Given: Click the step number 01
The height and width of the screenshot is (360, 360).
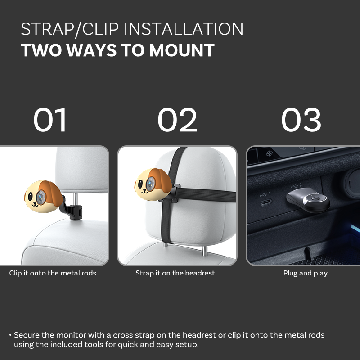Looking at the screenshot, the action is click(50, 120).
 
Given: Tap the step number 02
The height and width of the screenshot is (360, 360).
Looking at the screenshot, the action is click(177, 120).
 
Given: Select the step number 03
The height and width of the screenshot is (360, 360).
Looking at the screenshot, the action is click(301, 120).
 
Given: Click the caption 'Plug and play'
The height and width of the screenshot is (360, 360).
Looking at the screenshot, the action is click(306, 273).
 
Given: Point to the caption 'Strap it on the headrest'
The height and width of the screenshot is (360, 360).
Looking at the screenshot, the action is click(175, 273).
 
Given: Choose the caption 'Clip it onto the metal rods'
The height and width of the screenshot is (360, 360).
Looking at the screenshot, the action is click(53, 273).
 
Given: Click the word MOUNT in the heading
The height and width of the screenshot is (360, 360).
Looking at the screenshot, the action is click(182, 50).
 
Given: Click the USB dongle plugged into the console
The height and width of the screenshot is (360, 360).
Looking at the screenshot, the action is click(308, 199).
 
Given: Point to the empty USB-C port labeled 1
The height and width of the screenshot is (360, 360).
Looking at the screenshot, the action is click(266, 202).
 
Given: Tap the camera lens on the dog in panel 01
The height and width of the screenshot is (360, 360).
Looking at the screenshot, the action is click(41, 197).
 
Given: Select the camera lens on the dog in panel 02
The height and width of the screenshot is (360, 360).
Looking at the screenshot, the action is click(151, 184).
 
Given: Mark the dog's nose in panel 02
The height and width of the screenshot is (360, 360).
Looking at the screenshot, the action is click(144, 189).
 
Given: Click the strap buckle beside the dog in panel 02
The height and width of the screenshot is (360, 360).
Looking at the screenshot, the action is click(174, 193).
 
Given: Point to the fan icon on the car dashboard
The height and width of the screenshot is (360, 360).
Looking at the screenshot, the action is click(269, 153).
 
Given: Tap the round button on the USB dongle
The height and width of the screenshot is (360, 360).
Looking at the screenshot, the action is click(315, 198).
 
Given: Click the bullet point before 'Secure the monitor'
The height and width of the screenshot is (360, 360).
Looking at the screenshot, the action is click(10, 335).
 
